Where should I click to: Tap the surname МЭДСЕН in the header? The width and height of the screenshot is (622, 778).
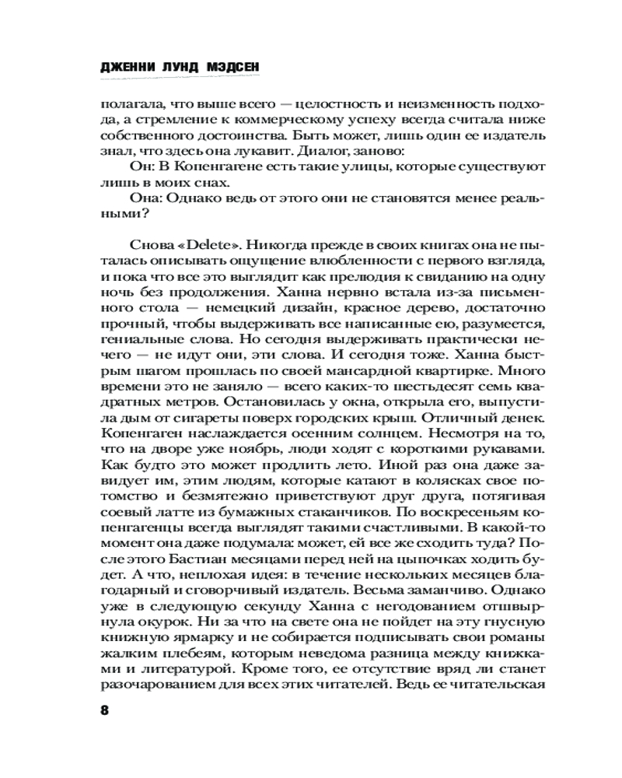[232, 68]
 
